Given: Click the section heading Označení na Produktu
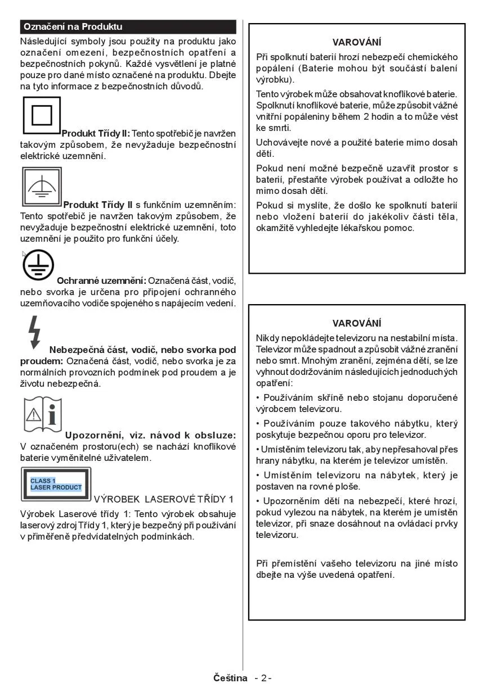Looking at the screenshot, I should point(73,27).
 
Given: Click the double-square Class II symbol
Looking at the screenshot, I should point(41,115).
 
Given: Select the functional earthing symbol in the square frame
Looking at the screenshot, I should point(42,187).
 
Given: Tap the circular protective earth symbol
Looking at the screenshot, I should point(38,265).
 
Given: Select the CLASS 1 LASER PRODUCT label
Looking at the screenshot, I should point(56,484).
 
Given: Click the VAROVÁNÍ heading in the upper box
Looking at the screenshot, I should point(356,42).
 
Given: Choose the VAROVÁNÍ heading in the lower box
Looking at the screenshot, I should point(356,323).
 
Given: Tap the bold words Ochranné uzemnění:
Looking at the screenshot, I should point(101,280).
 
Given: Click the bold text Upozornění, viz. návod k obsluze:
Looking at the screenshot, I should point(150,435).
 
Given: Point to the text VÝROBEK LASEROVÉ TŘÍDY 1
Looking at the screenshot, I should point(163,499).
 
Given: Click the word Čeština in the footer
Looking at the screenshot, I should point(230,678).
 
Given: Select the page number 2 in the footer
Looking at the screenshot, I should point(263,678).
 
